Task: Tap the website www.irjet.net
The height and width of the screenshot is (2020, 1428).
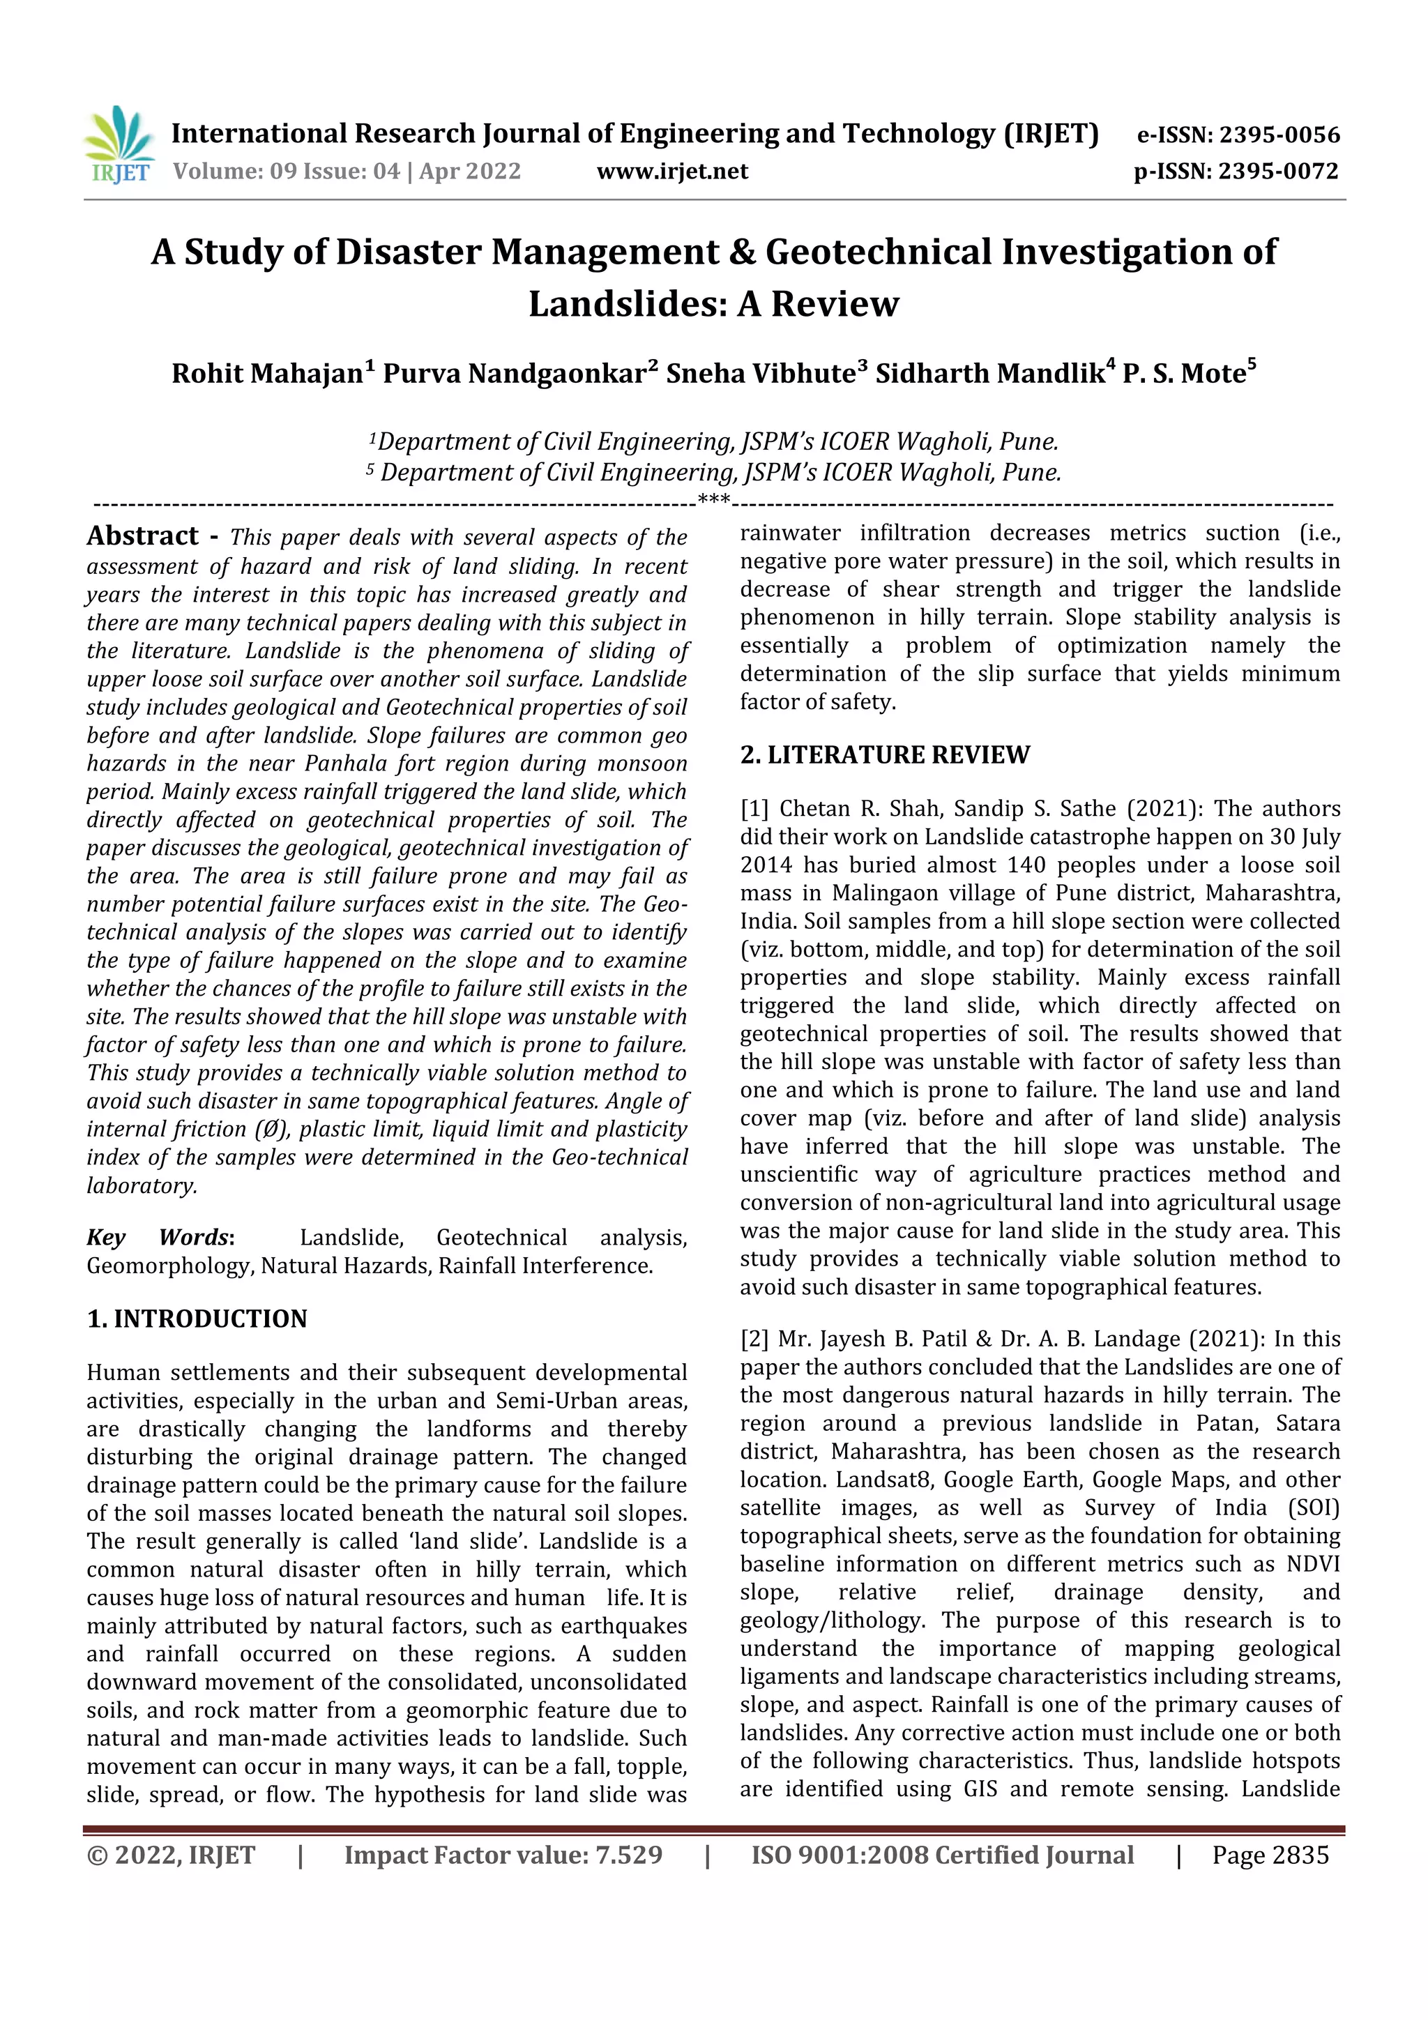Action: pos(672,172)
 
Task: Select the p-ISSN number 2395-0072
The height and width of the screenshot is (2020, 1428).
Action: pos(1277,172)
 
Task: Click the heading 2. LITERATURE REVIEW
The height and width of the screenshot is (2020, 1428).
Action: pos(884,755)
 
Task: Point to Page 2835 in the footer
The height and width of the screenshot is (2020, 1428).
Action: pos(1270,1855)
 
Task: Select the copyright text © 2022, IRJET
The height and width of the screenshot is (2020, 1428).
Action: pos(172,1855)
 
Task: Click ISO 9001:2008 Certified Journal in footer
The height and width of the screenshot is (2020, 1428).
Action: pos(941,1855)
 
